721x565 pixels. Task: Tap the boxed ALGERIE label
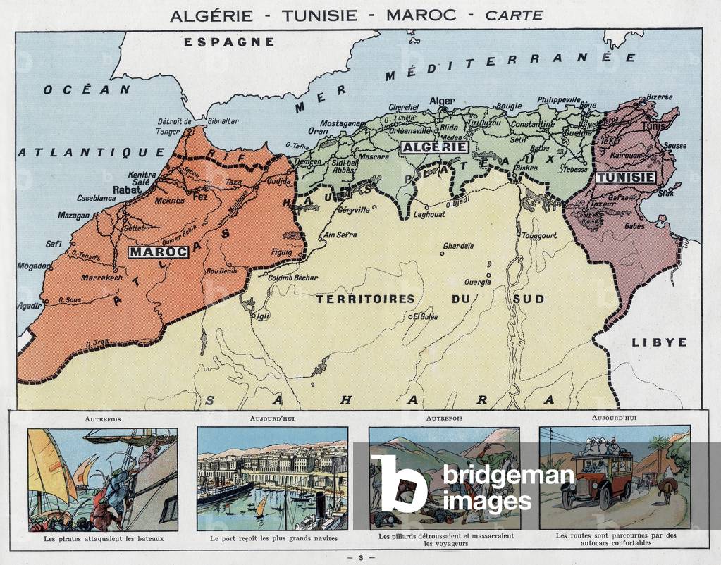433,147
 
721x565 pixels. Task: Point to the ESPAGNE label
229,42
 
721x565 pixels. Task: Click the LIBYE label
659,342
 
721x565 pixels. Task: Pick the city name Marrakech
101,278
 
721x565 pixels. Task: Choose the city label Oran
318,131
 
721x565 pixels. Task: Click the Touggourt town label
539,235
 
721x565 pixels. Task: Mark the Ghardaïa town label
458,247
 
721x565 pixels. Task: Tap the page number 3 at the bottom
360,557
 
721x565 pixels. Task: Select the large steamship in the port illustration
224,491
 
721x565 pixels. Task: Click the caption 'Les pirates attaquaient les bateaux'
102,538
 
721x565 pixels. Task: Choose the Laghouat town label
429,214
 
